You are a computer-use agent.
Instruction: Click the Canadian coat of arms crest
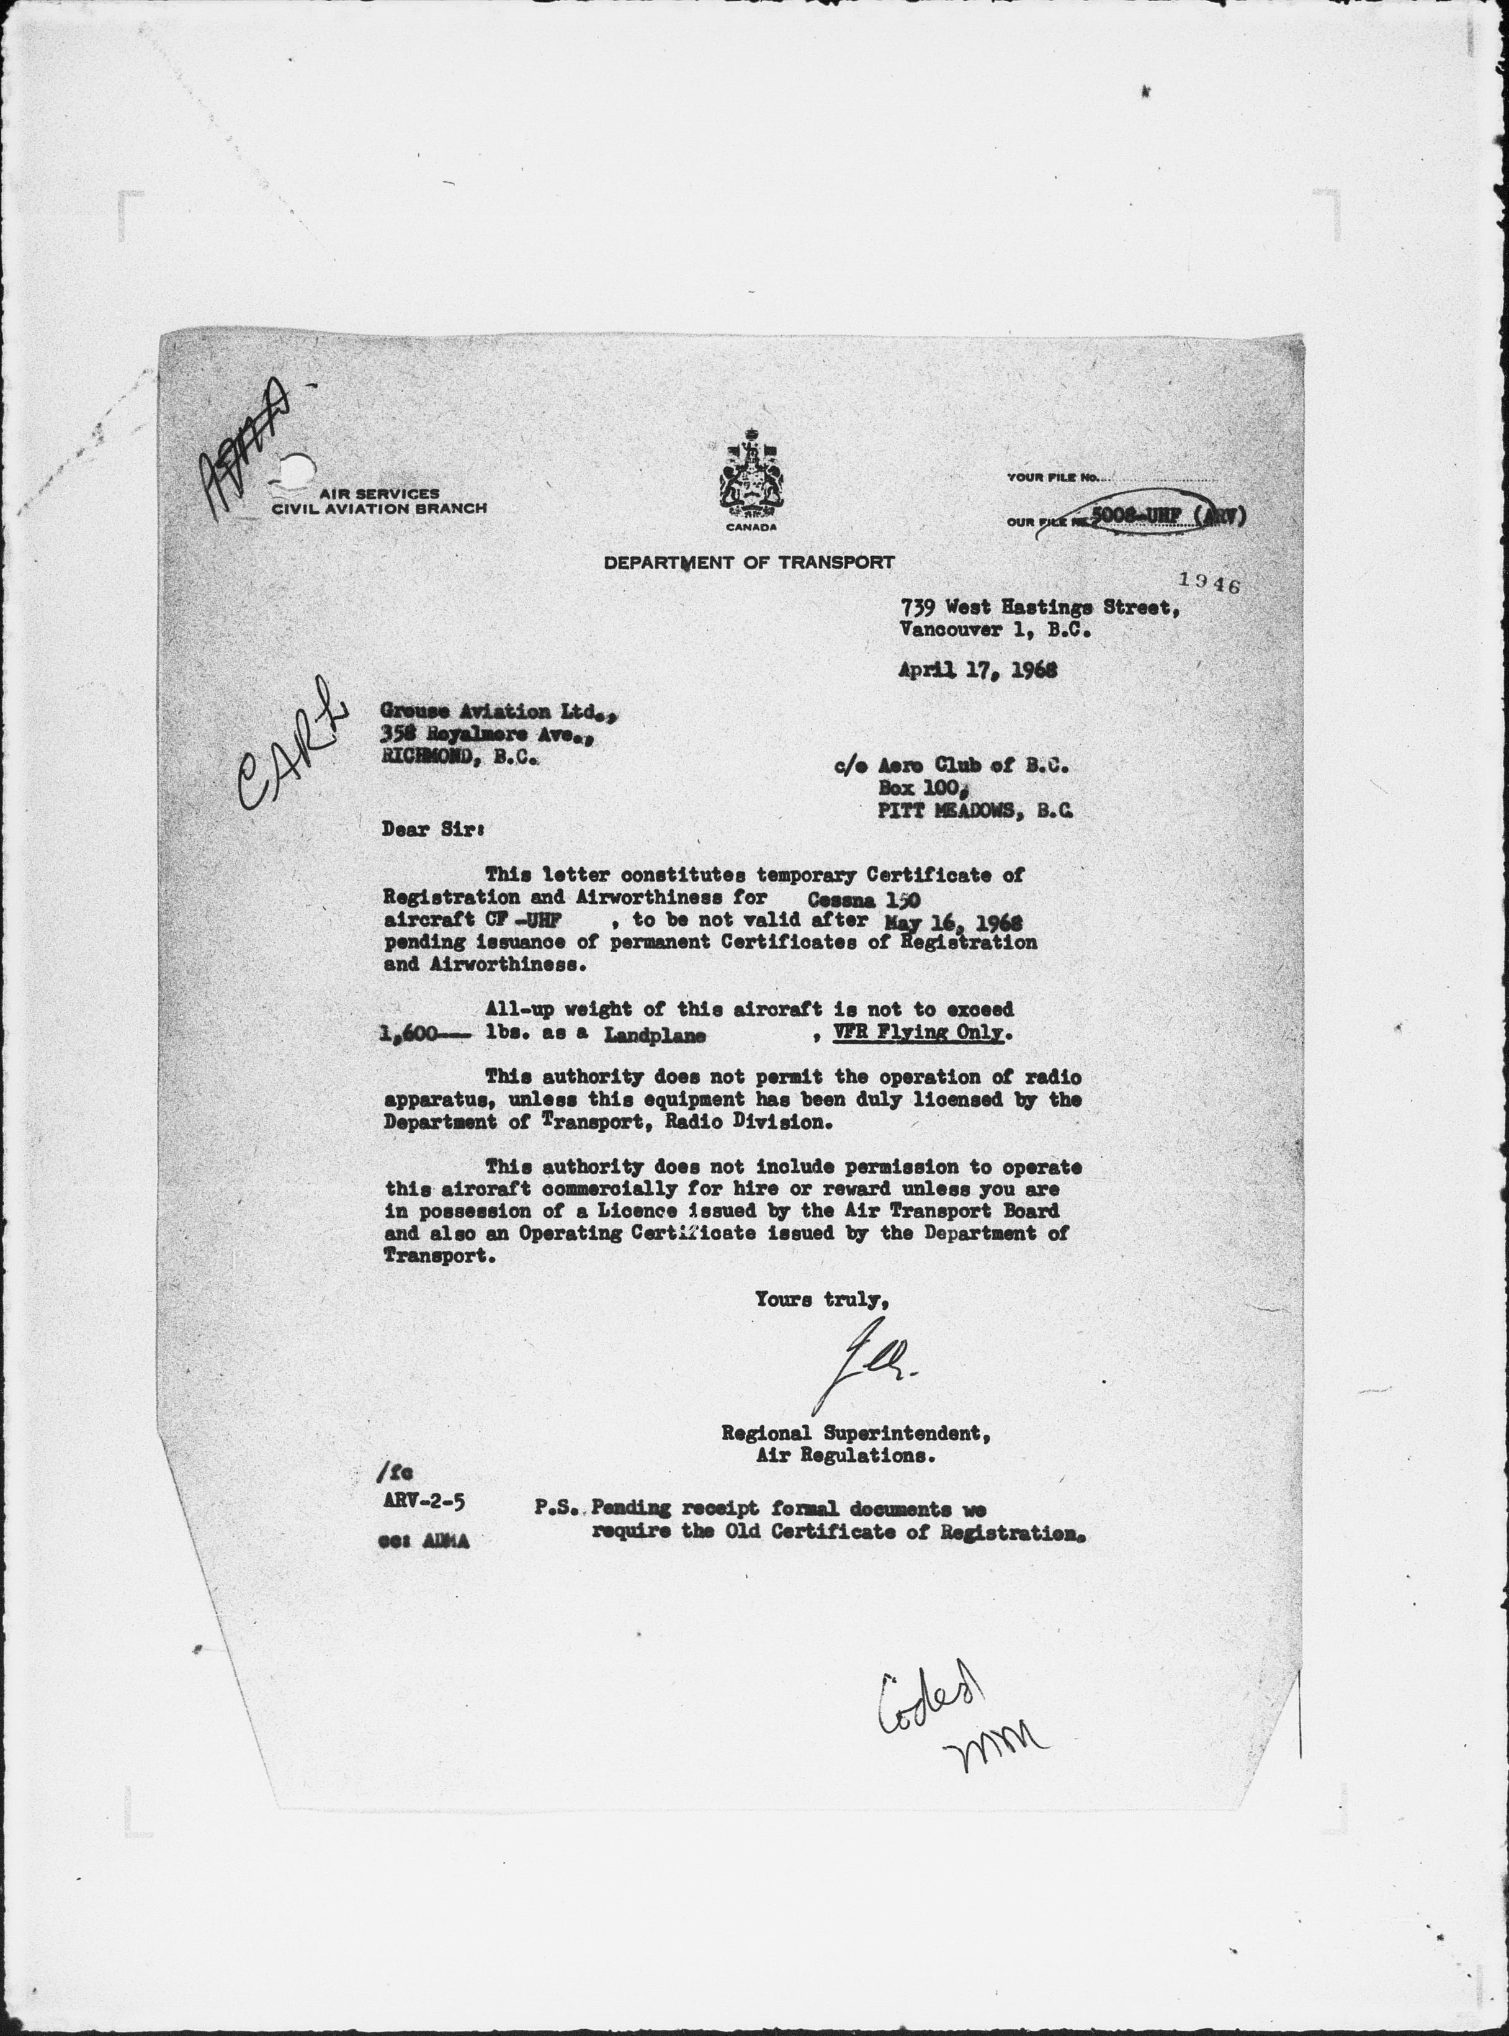[x=751, y=475]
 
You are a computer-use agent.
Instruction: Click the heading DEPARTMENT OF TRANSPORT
[x=748, y=563]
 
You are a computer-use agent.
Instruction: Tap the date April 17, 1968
[x=978, y=669]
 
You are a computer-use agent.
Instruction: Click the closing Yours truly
[x=821, y=1297]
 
